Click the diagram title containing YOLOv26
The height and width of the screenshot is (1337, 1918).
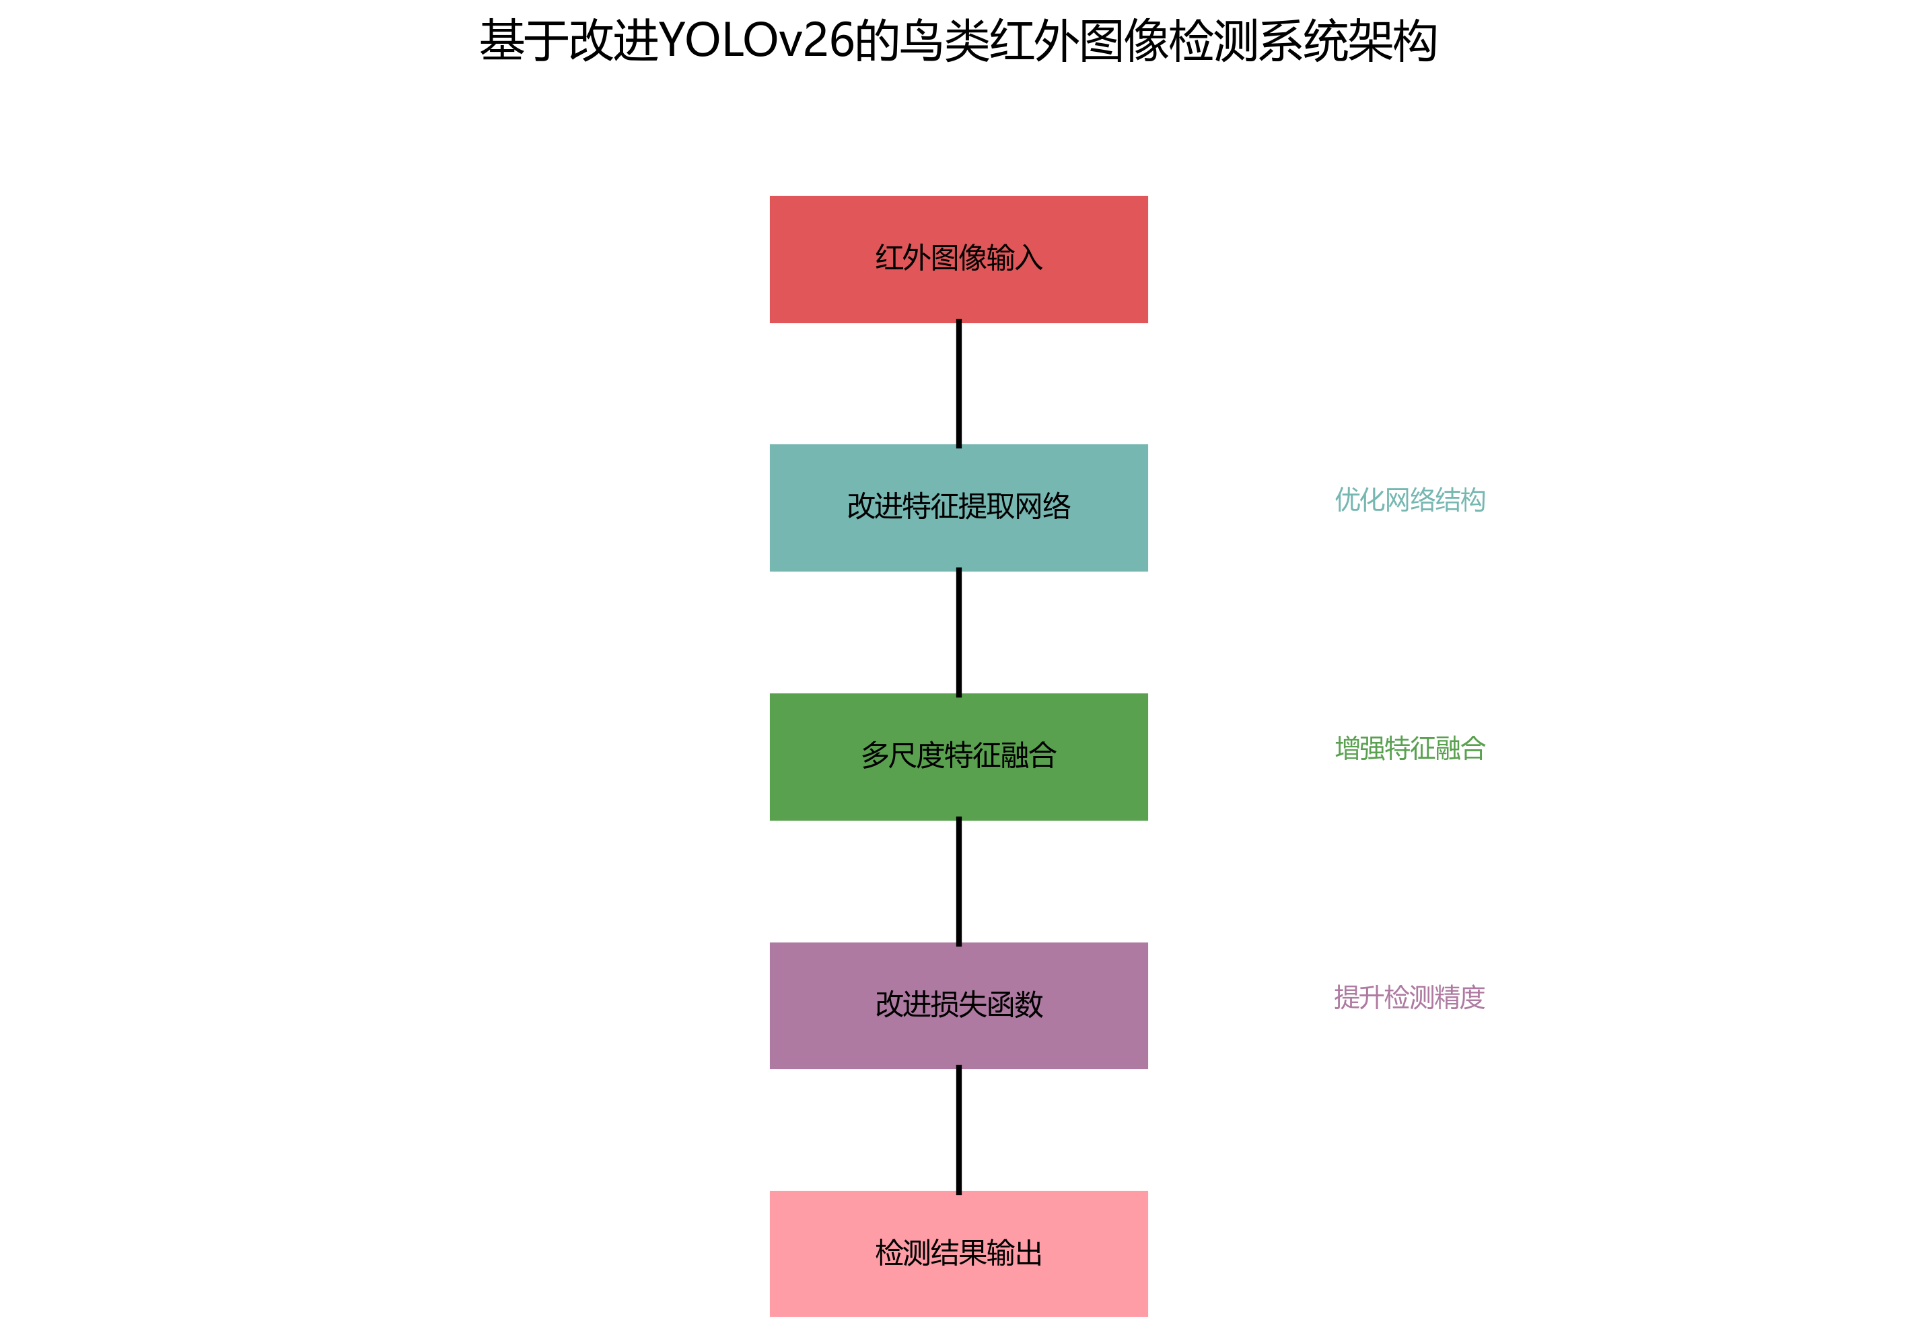coord(958,41)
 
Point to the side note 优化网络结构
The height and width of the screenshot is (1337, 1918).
coord(1409,500)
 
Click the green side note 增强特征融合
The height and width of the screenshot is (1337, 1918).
coord(1409,748)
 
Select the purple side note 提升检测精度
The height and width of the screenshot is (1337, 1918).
coord(1409,997)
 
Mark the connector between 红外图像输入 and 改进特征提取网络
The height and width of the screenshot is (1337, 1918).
coord(958,384)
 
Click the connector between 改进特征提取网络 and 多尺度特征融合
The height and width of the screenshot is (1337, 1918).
coord(958,633)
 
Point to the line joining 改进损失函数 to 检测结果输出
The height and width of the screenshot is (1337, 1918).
coord(958,1130)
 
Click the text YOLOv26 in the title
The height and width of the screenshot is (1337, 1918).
coord(756,41)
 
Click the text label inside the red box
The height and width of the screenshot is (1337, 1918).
coord(958,257)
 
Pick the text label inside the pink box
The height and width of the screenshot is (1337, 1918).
coord(958,1253)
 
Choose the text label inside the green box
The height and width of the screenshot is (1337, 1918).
coord(958,755)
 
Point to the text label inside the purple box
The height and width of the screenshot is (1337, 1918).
coord(958,1004)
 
